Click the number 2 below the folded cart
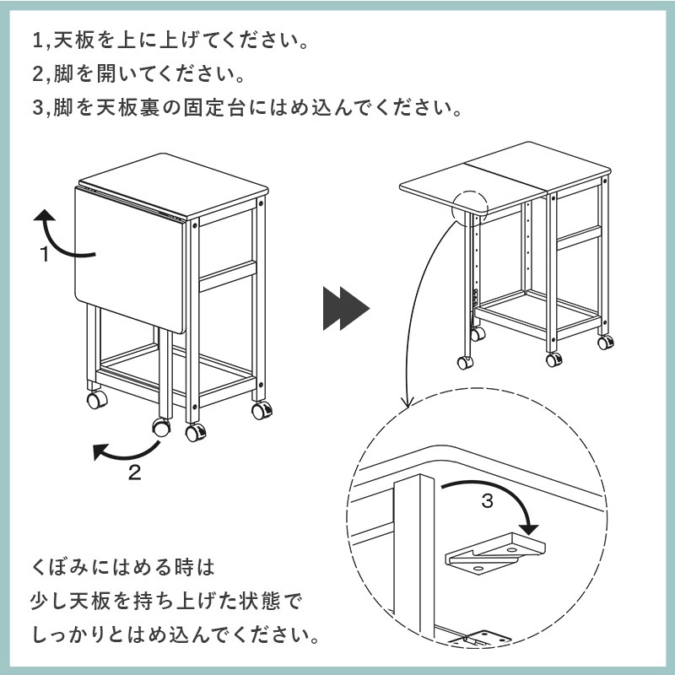tap(134, 472)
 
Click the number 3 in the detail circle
tap(487, 500)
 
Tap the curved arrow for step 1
tap(63, 236)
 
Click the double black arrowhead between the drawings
tap(346, 310)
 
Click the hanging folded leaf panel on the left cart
tap(127, 253)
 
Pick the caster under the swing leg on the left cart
tap(160, 426)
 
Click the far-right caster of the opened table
tap(605, 343)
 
